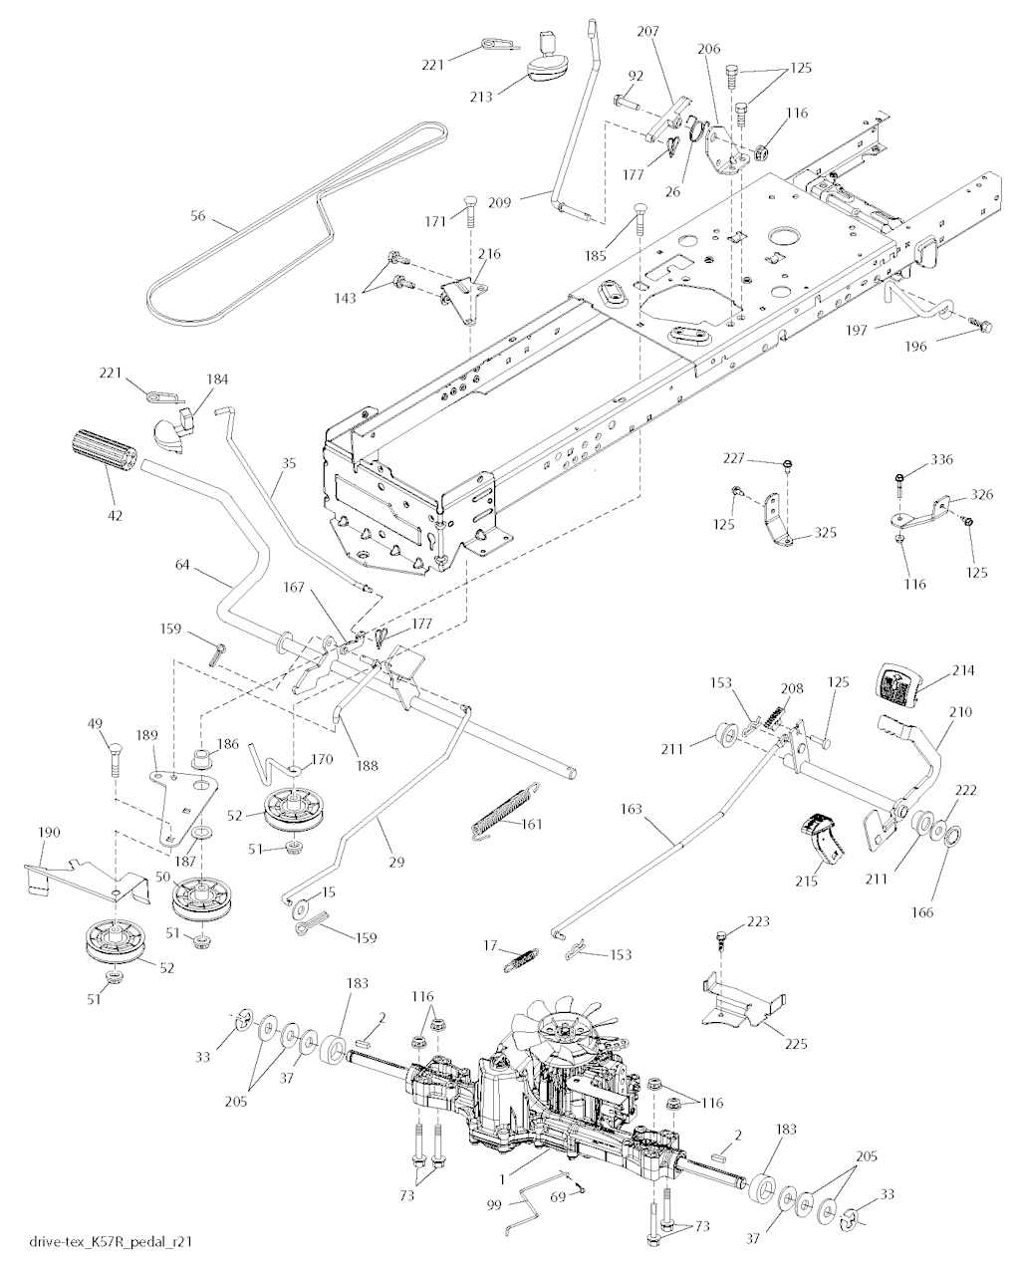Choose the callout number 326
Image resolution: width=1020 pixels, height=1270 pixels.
(x=953, y=495)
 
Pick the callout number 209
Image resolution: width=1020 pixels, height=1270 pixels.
(x=528, y=202)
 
